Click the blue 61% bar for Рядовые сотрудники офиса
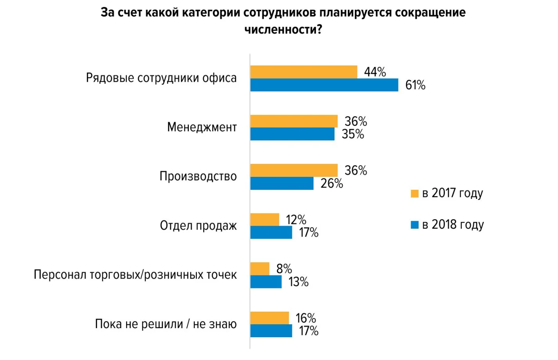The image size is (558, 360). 324,85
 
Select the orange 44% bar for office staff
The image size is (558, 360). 304,72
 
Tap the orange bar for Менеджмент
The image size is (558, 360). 294,121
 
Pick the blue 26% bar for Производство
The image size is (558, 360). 282,184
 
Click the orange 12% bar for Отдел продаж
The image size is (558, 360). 264,219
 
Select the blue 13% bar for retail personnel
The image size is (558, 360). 266,282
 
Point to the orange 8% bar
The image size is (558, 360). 260,269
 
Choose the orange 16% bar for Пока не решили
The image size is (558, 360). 270,318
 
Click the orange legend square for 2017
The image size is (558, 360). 415,193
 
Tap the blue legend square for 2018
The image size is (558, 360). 415,225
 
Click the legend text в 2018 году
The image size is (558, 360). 453,225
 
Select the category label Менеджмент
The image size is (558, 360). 202,127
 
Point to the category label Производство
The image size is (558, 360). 198,176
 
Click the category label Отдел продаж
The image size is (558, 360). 198,226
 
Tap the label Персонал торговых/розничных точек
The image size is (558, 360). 135,275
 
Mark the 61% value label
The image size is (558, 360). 415,85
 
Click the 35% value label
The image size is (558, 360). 353,134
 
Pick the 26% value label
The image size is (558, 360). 332,184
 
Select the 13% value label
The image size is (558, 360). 299,282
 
